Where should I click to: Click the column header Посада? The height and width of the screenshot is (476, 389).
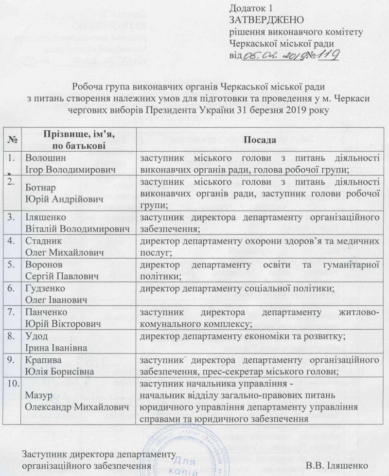pos(260,140)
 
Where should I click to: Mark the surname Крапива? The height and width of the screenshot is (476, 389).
pos(42,360)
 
